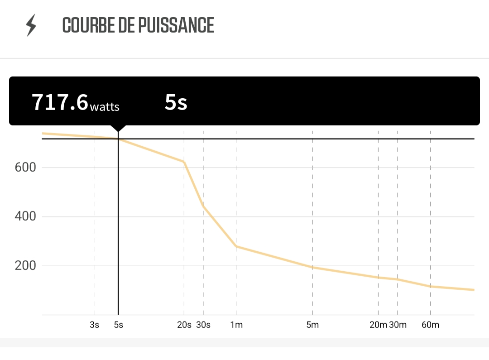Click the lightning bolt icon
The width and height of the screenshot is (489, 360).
[31, 25]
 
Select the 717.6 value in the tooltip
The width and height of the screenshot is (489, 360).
[60, 102]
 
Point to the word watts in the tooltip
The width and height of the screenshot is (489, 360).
[105, 107]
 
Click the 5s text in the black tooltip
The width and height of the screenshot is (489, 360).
[176, 102]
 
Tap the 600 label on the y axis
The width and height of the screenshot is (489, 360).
[25, 168]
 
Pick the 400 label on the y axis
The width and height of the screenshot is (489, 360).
[25, 216]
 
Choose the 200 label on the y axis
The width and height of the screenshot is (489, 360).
[25, 266]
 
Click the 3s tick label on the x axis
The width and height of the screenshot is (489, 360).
[94, 325]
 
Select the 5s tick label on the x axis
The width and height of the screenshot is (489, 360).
[118, 325]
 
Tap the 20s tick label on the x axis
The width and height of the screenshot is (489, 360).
[184, 325]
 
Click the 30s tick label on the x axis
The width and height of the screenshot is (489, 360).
[203, 325]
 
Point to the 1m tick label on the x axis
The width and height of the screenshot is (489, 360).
[236, 325]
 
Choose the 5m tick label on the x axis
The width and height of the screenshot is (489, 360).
[312, 325]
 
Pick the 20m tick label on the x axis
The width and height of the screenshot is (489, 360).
[378, 325]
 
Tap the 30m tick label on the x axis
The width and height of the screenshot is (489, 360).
[398, 325]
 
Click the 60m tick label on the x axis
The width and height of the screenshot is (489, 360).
[430, 325]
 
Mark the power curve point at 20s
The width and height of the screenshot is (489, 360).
[184, 162]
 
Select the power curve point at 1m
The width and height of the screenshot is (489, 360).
[236, 246]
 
